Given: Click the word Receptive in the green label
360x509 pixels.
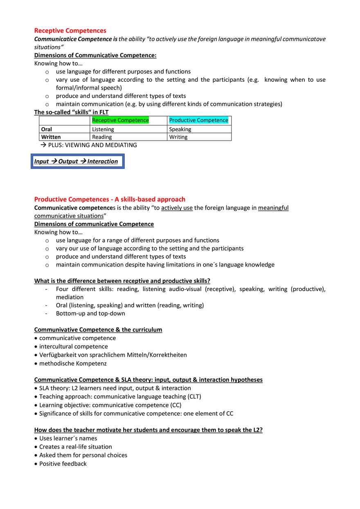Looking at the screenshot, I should click(x=104, y=120).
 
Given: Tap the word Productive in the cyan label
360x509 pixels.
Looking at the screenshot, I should click(x=182, y=120).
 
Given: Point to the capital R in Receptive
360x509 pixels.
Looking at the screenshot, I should click(x=94, y=120).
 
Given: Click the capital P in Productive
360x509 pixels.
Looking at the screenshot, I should click(x=171, y=120).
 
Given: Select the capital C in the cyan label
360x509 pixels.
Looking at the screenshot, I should click(x=199, y=120).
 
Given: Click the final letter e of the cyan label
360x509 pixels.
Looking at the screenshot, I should click(x=227, y=121).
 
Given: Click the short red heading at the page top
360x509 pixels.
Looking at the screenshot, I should click(x=70, y=31).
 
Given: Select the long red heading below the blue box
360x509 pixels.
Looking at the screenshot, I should click(x=110, y=199).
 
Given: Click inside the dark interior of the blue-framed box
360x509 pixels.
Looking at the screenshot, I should click(x=78, y=161).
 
